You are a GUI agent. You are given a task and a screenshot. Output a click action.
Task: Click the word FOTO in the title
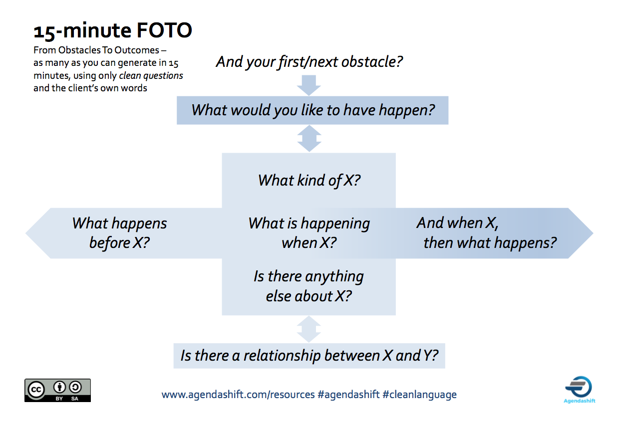point(164,30)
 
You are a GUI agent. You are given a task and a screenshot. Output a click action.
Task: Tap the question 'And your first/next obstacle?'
point(309,62)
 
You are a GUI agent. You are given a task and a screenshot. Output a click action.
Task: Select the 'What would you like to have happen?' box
point(312,110)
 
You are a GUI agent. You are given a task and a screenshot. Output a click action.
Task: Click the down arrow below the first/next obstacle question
point(309,85)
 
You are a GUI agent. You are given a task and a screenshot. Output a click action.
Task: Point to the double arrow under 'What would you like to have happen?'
point(309,138)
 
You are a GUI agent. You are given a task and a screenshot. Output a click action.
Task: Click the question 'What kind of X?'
point(309,181)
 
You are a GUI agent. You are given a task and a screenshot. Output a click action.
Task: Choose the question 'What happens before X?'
point(119,233)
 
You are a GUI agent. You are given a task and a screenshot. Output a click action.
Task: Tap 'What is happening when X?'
point(309,233)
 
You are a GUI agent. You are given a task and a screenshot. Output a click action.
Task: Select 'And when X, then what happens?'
point(486,233)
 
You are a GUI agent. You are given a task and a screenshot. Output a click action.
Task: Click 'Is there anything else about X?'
point(309,286)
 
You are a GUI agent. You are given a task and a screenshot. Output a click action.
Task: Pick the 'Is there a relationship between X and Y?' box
point(309,356)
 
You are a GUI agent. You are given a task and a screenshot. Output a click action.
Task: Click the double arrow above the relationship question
point(309,329)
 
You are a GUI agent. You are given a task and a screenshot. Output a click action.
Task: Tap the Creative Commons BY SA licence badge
point(58,390)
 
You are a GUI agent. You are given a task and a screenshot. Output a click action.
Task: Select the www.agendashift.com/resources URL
point(238,395)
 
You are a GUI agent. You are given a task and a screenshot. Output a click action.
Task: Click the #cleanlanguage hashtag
point(419,395)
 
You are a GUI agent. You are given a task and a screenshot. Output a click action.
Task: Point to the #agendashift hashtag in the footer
point(348,395)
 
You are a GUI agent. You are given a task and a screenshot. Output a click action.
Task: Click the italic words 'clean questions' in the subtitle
point(151,76)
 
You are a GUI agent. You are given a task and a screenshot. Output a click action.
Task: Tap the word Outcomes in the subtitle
point(137,50)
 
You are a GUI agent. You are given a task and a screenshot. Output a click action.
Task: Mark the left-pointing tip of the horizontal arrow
point(25,233)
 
